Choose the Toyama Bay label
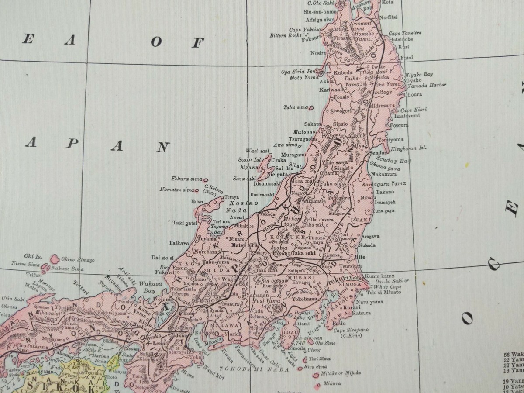point(220,230)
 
